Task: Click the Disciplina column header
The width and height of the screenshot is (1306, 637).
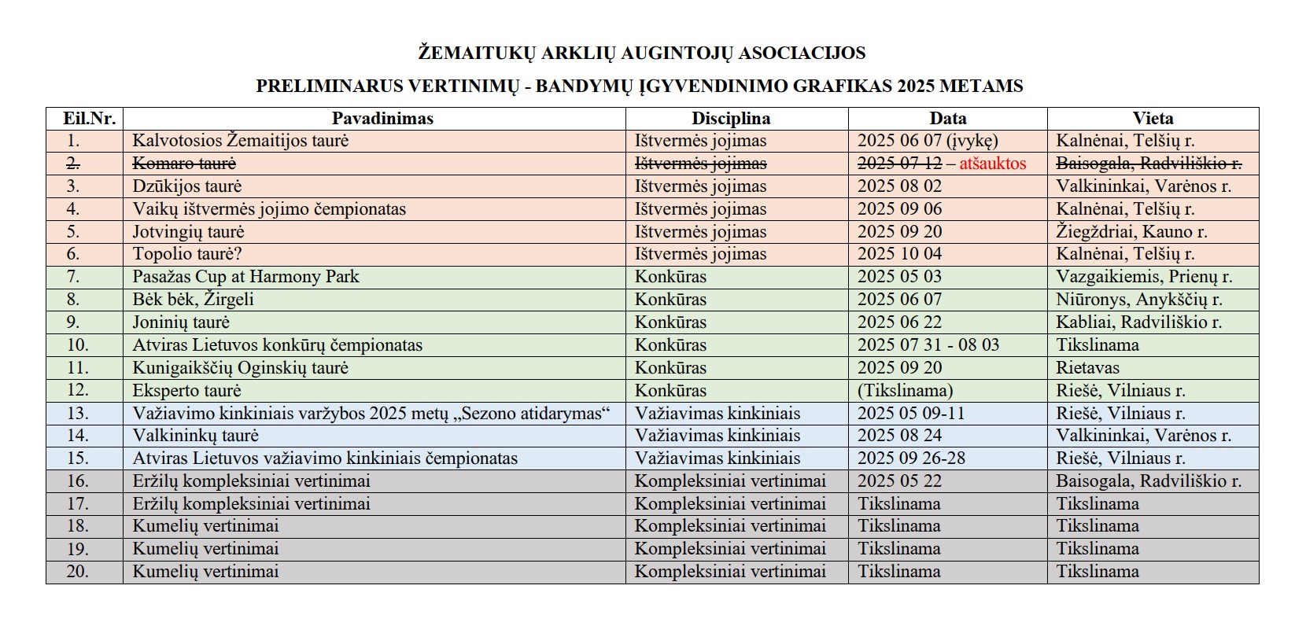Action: [730, 119]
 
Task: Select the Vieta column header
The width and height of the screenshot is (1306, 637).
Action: [1153, 119]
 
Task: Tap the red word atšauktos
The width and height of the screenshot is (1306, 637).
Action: [992, 164]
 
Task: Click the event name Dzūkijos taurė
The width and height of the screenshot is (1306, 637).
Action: [187, 186]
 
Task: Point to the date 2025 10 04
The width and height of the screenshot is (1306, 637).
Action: [899, 254]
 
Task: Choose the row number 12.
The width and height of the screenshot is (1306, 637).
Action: [78, 390]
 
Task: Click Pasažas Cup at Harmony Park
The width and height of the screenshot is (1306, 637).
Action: [245, 277]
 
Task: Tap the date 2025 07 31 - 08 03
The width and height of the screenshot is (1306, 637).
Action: [928, 345]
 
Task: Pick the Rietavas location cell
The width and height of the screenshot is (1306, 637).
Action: [1087, 368]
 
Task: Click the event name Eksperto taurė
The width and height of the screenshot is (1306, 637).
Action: [186, 391]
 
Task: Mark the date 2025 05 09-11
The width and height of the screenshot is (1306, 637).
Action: [911, 414]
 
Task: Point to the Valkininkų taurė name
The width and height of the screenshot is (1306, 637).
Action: [195, 436]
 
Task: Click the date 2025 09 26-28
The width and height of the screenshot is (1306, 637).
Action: [911, 458]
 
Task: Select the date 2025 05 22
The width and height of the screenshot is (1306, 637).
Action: [899, 481]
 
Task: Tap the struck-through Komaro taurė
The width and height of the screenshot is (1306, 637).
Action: [184, 164]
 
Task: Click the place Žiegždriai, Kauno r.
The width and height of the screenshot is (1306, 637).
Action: [1131, 232]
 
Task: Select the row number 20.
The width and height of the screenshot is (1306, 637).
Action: [78, 572]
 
